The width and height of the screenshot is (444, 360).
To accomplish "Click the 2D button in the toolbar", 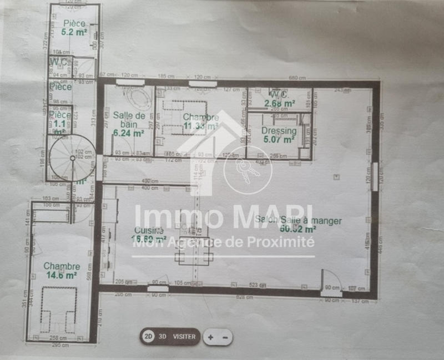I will (148, 336).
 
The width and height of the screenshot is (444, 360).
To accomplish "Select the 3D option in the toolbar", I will (163, 336).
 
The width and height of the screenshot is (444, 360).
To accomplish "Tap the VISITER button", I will (184, 336).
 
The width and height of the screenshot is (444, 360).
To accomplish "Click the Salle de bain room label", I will (129, 119).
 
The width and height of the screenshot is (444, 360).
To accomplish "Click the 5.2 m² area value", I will (74, 32).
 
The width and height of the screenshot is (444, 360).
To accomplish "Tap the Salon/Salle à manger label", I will (298, 220).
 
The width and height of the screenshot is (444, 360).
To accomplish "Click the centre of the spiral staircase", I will (72, 158).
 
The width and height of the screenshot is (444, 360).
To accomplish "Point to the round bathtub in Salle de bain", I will (136, 98).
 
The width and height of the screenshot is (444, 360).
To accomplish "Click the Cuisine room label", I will (148, 230).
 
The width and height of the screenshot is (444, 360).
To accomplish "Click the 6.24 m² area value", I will (129, 133).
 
